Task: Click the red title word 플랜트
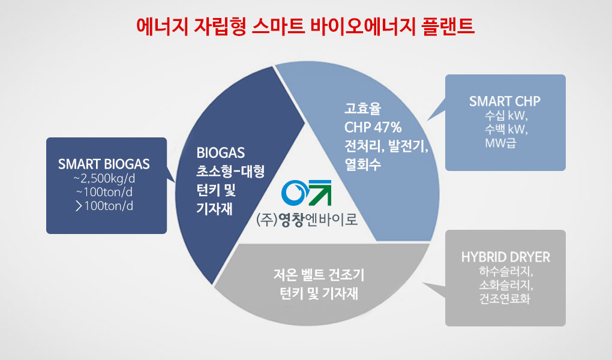pos(448,26)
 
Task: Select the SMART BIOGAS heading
pos(104,164)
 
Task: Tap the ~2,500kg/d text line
pos(104,178)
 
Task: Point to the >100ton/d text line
pos(104,205)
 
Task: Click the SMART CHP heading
pos(505,101)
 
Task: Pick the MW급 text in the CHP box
pos(500,143)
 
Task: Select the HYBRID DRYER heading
pos(505,257)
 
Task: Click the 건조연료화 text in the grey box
pos(505,299)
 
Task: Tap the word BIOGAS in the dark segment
pos(221,152)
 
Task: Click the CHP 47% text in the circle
pos(373,127)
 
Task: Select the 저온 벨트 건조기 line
pos(319,275)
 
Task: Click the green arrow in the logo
pos(319,193)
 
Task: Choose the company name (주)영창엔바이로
pos(307,220)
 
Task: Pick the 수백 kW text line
pos(506,129)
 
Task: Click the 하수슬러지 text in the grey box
pos(506,271)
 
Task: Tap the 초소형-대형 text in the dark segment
pos(230,172)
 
